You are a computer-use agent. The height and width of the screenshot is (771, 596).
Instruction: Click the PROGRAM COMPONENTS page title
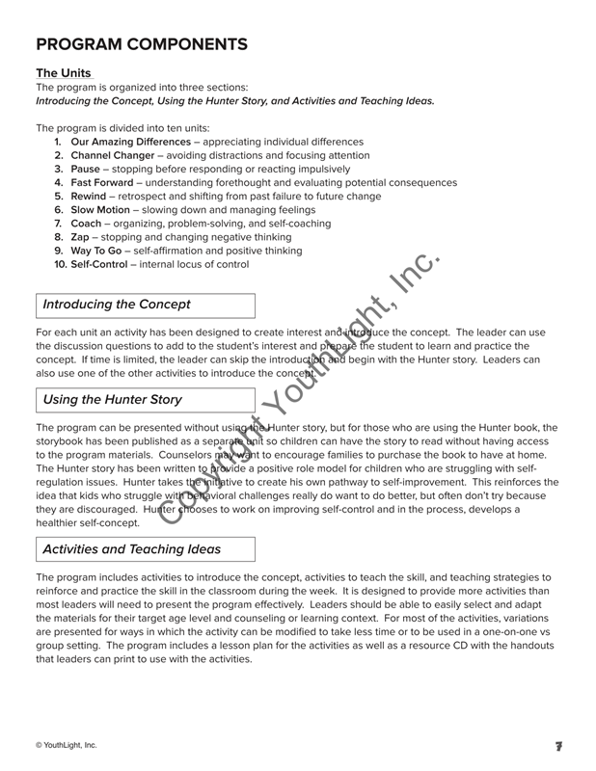pos(142,43)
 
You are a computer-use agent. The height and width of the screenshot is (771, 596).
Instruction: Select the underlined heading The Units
pos(64,73)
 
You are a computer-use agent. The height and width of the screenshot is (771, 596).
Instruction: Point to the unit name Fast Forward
pos(104,182)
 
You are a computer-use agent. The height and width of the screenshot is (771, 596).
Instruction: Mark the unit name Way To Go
pos(98,250)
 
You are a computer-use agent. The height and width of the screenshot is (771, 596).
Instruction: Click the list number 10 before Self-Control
pos(60,263)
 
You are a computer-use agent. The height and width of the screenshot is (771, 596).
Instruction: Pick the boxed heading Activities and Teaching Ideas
pos(132,549)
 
